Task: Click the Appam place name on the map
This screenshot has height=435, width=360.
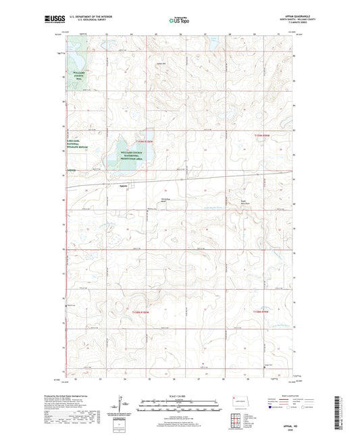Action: [x=123, y=186]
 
